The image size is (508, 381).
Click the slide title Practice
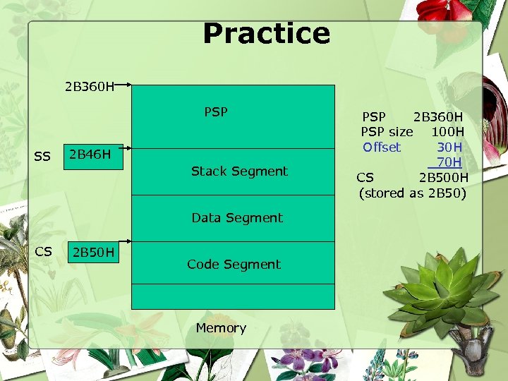click(266, 33)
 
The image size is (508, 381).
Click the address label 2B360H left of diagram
click(89, 87)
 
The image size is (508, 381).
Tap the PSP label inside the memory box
click(216, 111)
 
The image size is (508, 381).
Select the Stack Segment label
click(239, 171)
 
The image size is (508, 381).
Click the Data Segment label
click(237, 218)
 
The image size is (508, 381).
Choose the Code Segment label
click(234, 265)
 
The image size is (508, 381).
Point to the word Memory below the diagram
click(221, 328)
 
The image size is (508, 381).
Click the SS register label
click(42, 156)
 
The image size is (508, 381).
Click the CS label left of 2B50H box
click(43, 251)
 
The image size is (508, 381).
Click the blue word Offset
click(381, 147)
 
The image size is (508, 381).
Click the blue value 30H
click(449, 147)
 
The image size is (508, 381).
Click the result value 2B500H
click(443, 177)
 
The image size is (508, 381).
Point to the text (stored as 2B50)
click(412, 193)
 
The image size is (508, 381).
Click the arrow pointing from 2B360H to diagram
click(124, 86)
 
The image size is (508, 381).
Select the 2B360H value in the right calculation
click(437, 116)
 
